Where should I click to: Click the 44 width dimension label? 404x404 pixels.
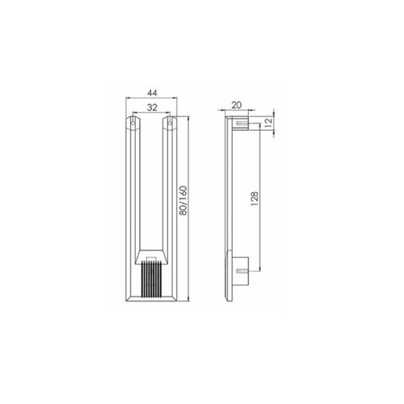[152, 93]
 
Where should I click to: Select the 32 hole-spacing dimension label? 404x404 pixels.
[152, 107]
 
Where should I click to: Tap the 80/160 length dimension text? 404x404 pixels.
[183, 200]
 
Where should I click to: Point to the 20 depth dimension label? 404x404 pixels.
[237, 105]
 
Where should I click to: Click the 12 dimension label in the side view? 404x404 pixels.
[268, 122]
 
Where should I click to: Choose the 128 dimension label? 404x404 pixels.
[255, 199]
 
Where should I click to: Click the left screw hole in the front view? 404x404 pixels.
[133, 124]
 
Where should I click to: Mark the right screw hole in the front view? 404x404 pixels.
[170, 124]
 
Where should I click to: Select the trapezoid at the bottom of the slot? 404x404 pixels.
[151, 256]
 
